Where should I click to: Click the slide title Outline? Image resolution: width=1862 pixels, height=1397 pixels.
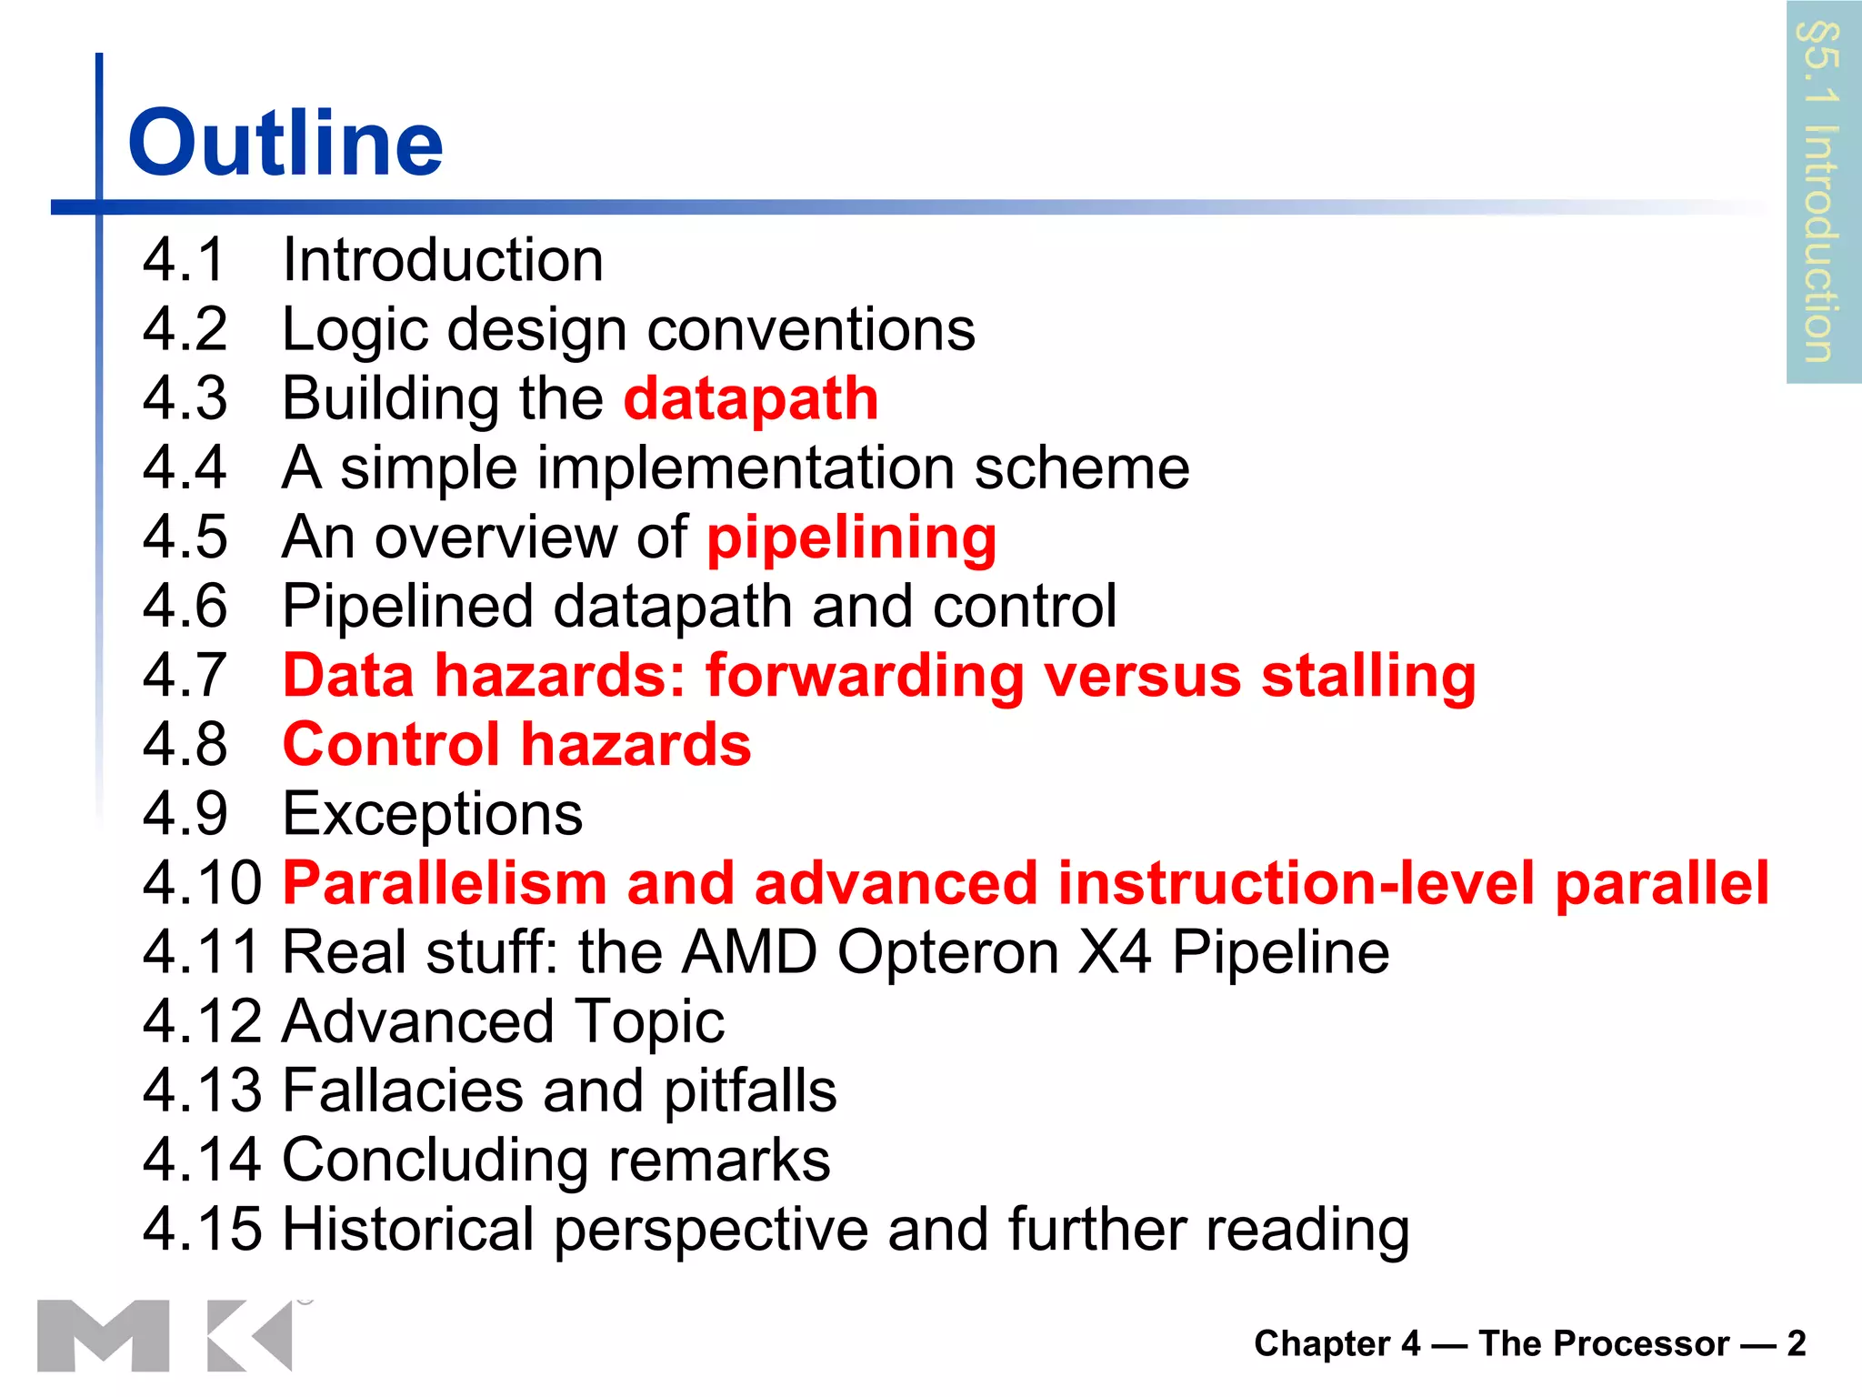[x=285, y=143]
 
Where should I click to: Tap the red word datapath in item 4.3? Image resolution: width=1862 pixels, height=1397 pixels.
[x=751, y=398]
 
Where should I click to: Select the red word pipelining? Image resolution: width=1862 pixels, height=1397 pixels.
[x=852, y=538]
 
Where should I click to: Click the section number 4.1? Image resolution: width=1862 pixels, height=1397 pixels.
[x=184, y=260]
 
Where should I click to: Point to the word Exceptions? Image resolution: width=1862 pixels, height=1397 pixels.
[x=433, y=813]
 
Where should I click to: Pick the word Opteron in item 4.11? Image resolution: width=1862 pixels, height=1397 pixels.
[x=948, y=952]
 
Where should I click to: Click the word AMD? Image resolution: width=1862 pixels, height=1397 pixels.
[x=750, y=952]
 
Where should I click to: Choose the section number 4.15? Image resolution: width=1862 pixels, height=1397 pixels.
[x=202, y=1229]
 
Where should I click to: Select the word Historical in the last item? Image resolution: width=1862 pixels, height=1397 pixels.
[x=408, y=1229]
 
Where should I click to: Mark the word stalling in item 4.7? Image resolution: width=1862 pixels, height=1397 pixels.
[x=1368, y=676]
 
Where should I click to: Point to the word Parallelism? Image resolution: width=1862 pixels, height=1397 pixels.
[x=445, y=883]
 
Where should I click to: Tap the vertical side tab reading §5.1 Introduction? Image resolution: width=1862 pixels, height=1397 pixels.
[x=1822, y=192]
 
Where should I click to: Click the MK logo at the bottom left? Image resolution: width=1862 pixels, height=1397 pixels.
[x=165, y=1334]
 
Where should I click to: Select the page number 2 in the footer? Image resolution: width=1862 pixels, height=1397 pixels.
[x=1796, y=1343]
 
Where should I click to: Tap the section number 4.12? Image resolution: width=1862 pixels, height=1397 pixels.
[x=202, y=1021]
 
